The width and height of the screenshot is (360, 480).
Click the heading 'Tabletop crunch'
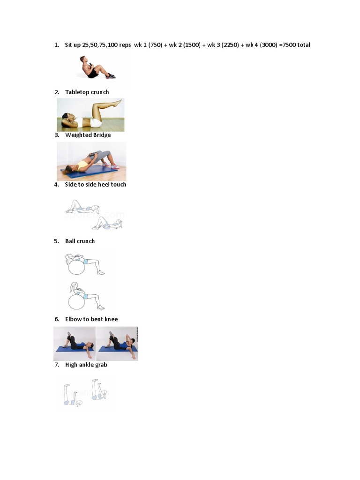pos(87,92)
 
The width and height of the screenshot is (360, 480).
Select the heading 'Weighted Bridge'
pos(88,135)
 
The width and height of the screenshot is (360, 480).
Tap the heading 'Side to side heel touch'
pos(96,185)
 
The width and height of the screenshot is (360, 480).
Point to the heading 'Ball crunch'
pos(80,241)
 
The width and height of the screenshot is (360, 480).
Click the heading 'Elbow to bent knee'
pos(91,319)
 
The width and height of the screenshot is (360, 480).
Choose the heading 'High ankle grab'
pos(86,365)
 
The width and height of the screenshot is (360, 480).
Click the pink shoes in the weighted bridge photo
pos(115,166)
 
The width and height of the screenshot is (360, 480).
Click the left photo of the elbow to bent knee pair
pos(75,344)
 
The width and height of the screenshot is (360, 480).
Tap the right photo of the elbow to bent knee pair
pos(117,344)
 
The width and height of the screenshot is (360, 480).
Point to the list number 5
pos(56,241)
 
